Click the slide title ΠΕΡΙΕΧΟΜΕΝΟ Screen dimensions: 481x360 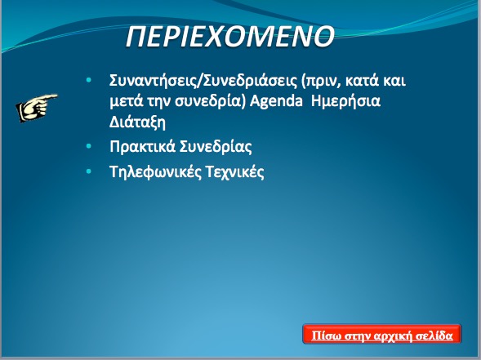229,36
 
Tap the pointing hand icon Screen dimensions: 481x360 37,107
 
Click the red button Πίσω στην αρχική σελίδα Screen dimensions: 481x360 382,334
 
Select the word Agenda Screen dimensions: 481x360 276,101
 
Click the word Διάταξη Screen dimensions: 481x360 137,122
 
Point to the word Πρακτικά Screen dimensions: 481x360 142,147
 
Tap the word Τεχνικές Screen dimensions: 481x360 235,171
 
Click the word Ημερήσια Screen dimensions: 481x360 345,101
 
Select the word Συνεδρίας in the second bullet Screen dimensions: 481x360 216,147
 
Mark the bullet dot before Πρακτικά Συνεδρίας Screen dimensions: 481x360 89,146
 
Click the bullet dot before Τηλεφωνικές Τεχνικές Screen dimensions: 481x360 89,171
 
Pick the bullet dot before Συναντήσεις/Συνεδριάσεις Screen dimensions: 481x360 89,80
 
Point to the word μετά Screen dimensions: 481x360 127,101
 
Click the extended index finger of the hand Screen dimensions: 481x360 49,97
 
